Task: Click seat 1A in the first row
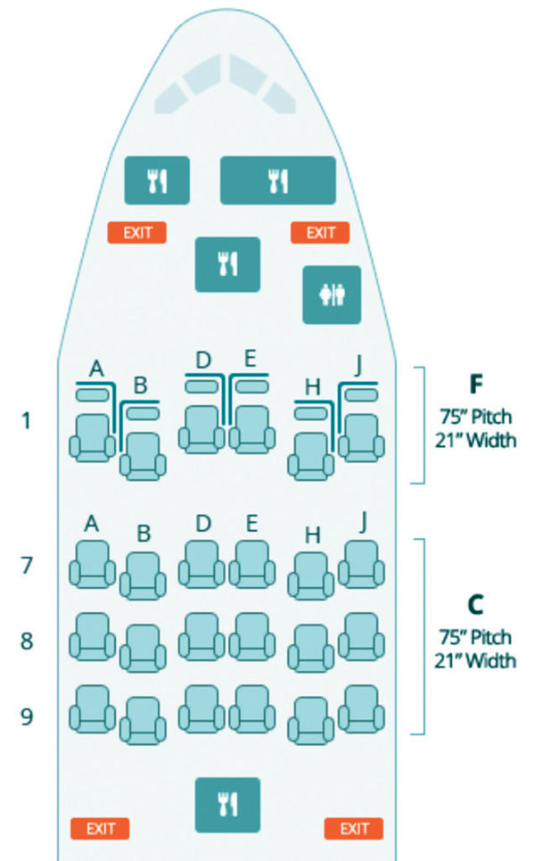(x=92, y=438)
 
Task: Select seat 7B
(x=143, y=576)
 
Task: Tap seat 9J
(x=361, y=709)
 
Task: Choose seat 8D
(x=202, y=637)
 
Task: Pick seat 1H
(x=311, y=456)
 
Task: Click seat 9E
(x=251, y=709)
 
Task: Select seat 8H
(x=311, y=649)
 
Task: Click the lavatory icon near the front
(x=332, y=294)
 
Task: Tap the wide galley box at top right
(x=277, y=180)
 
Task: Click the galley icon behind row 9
(x=227, y=805)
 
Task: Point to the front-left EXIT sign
(x=137, y=233)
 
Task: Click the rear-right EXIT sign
(x=354, y=829)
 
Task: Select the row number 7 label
(x=27, y=566)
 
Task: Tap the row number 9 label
(x=27, y=716)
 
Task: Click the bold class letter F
(x=476, y=385)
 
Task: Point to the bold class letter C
(x=476, y=605)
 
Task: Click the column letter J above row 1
(x=359, y=366)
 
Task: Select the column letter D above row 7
(x=203, y=524)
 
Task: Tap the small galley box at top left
(x=157, y=180)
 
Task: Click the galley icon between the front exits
(x=227, y=264)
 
